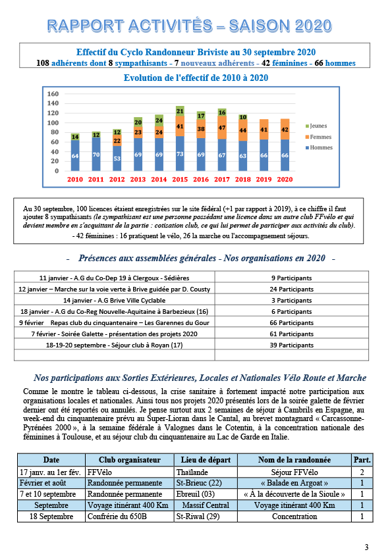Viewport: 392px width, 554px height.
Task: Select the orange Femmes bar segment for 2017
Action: point(222,128)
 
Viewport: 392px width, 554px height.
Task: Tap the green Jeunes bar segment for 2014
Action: point(159,120)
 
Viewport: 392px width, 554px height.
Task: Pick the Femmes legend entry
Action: point(318,137)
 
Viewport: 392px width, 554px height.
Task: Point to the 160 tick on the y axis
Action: point(53,94)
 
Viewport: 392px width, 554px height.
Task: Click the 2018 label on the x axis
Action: point(242,179)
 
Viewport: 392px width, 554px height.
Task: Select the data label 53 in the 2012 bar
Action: point(117,159)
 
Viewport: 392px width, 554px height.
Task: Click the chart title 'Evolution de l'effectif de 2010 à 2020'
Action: point(196,78)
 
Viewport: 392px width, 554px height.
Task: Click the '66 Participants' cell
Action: point(291,322)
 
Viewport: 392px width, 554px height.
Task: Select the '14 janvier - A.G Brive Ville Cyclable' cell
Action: point(114,300)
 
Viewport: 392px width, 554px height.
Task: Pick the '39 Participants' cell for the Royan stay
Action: point(291,345)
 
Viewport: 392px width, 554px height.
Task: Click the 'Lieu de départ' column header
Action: point(206,460)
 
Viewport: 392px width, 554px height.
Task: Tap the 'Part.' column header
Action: point(362,460)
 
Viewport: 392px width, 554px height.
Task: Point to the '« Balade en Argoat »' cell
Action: point(294,483)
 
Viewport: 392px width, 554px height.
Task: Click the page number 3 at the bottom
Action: point(366,547)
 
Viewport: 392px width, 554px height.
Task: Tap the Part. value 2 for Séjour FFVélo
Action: point(362,472)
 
